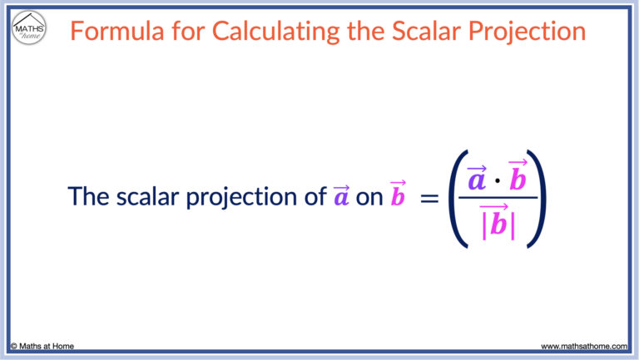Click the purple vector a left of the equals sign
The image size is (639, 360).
click(340, 196)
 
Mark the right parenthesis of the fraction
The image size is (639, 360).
click(537, 200)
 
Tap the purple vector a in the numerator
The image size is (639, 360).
click(477, 178)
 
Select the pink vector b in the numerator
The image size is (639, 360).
click(518, 177)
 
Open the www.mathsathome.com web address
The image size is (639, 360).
click(583, 345)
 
